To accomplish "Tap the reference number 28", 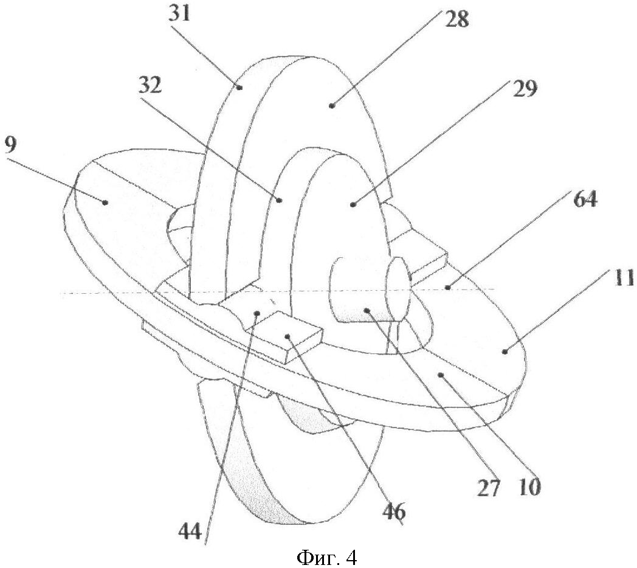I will pos(456,20).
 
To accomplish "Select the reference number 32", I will pos(149,87).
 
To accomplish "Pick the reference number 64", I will pos(584,200).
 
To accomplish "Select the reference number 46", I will pos(393,513).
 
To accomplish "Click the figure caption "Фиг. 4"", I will pos(326,555).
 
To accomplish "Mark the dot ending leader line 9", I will pos(105,203).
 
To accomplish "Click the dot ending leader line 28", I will pos(331,106).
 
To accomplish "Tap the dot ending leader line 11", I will pos(504,350).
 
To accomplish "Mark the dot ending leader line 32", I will pos(278,199).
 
